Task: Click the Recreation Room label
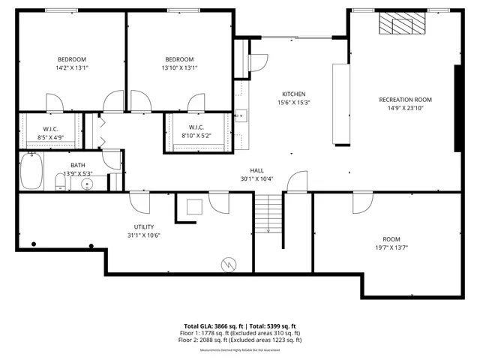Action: coord(405,99)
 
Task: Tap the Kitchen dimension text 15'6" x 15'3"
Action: coord(293,102)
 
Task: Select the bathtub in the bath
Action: coord(31,171)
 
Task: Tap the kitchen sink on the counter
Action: coord(241,115)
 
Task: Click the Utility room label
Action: coord(144,226)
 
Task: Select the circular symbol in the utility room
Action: coord(229,264)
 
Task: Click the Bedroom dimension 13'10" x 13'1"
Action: coord(179,67)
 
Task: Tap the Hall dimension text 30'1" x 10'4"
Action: coord(257,178)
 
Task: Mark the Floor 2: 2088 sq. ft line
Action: coord(239,340)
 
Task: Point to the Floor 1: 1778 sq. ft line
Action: coord(239,333)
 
